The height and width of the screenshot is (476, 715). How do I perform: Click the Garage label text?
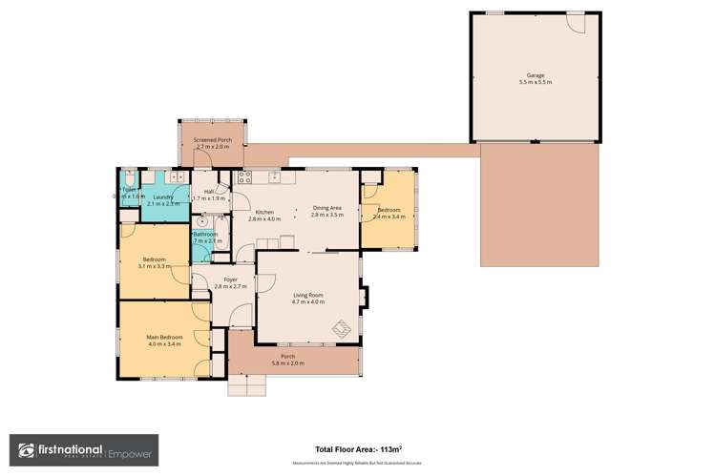point(535,73)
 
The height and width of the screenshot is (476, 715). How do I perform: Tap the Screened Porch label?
point(211,140)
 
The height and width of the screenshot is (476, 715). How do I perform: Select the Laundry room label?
point(163,197)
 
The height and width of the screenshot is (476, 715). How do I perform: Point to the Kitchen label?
point(264,212)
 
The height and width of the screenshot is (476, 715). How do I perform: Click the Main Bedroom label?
point(164,337)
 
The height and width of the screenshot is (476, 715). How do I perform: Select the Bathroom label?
point(205,235)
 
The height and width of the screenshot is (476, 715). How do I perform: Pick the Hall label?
point(208,192)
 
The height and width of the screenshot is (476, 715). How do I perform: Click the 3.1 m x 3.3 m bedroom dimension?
point(155,266)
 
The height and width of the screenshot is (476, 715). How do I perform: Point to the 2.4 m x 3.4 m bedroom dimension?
point(389,217)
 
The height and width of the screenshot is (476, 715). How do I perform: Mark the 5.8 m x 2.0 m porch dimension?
point(287,363)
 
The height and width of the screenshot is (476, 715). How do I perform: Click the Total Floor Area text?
point(357,450)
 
